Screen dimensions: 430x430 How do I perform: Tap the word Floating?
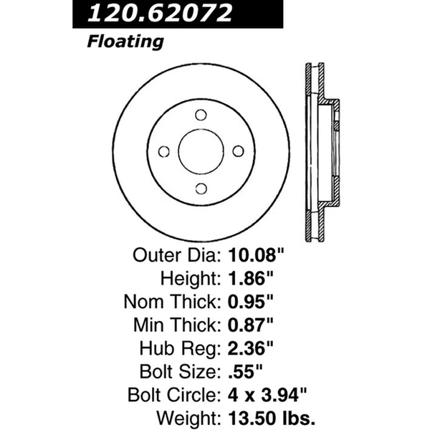coord(125,42)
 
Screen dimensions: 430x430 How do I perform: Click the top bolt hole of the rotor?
coord(201,115)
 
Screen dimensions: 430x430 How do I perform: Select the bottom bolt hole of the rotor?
coord(201,188)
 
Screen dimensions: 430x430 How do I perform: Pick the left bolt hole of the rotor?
coord(164,151)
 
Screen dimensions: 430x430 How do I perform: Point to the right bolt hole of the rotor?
coord(238,150)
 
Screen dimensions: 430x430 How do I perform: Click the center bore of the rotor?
coord(201,151)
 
